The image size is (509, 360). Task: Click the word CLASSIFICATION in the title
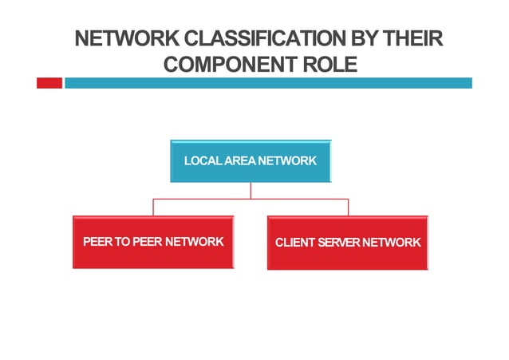[x=268, y=38]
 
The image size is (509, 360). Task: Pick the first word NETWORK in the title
[x=128, y=38]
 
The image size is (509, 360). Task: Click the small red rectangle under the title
[x=49, y=83]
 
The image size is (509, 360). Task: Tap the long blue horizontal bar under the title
[x=268, y=83]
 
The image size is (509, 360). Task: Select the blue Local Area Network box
[x=251, y=161]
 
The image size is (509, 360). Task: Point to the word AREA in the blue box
[x=239, y=160]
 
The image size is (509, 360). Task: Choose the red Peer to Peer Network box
[x=153, y=242]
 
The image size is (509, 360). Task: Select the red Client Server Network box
[x=347, y=243]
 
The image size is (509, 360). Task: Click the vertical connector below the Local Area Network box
[x=251, y=191]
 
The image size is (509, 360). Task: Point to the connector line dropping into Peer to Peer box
[x=153, y=208]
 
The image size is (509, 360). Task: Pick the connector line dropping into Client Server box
[x=348, y=208]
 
